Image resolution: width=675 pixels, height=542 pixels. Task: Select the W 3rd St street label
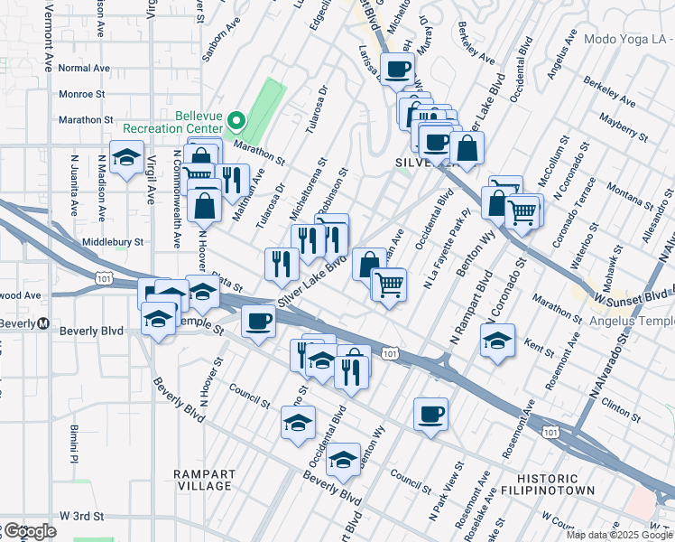84,515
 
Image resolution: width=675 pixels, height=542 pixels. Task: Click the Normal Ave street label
83,68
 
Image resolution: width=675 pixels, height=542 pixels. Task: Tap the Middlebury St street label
113,242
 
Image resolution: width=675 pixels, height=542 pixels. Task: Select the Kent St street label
538,344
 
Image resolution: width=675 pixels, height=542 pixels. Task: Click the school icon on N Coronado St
497,341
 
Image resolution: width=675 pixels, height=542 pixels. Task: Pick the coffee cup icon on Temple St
259,321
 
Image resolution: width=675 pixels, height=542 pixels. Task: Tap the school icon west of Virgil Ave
126,156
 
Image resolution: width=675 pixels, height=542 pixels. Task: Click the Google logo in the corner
29,531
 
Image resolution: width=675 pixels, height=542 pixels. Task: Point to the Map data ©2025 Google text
620,535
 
